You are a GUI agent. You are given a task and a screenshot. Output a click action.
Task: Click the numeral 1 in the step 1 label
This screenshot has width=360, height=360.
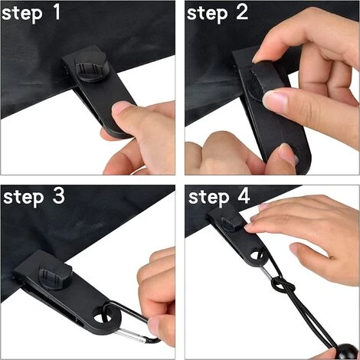coord(57,11)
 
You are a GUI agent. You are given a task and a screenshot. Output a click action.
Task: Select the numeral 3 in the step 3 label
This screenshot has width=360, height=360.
coord(58,196)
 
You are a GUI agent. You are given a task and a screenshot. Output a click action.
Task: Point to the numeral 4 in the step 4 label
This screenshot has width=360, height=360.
coord(244,196)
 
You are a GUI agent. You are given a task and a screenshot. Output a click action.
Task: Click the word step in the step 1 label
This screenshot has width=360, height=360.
coord(21,15)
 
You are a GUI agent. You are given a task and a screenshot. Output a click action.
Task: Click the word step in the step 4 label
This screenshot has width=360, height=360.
coord(208,198)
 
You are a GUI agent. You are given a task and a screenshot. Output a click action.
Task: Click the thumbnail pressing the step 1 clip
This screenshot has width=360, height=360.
coord(122,108)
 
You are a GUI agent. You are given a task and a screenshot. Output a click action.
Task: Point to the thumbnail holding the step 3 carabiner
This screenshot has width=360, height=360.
coord(155,326)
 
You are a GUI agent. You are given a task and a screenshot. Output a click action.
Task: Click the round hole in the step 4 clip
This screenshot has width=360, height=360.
coord(256,255)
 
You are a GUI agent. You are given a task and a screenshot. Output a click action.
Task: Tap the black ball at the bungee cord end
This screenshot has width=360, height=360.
coord(346,352)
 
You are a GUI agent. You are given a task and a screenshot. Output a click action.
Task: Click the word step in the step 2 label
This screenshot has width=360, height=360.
coord(207,14)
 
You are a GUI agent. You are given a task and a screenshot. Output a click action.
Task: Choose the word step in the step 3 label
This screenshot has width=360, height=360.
coord(23,198)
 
